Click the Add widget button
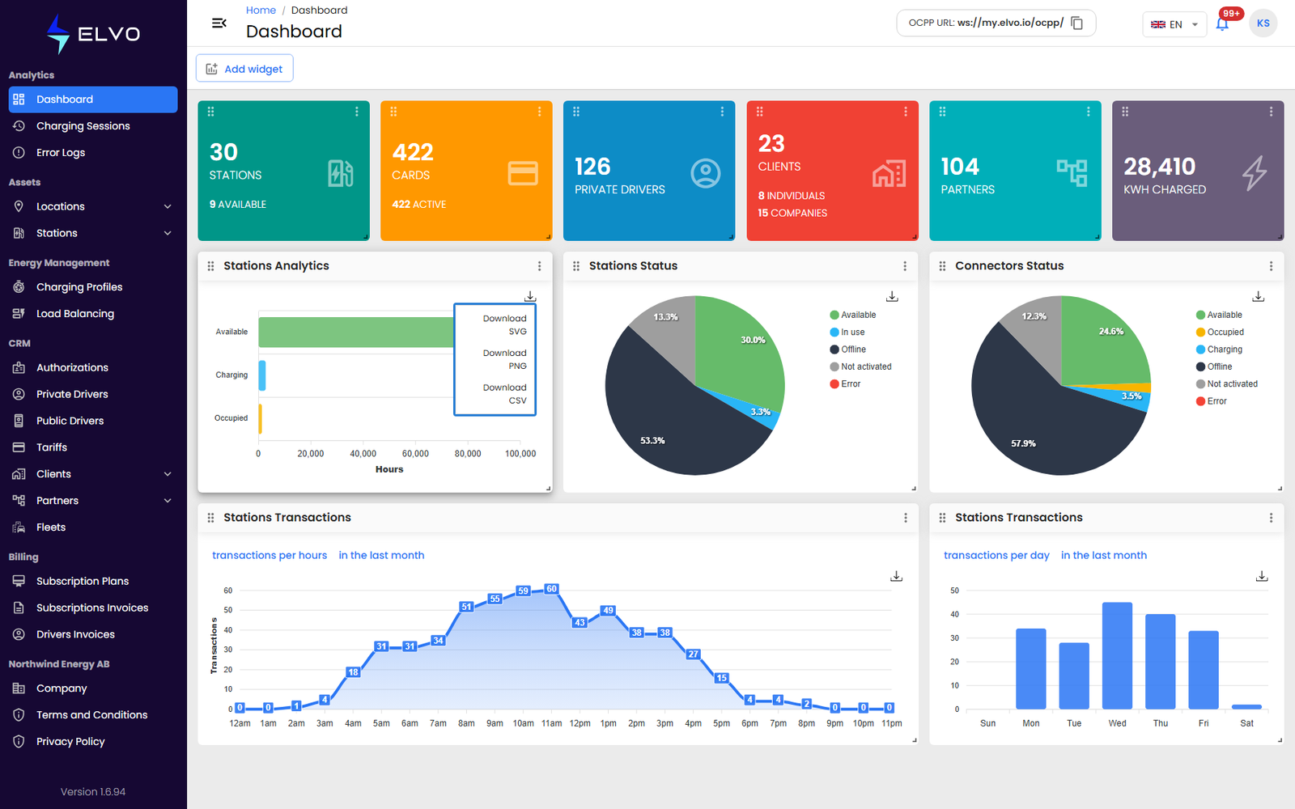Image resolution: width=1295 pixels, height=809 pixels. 244,69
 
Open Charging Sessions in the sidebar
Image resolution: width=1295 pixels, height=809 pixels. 83,126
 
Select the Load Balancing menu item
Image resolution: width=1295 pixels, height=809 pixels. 75,314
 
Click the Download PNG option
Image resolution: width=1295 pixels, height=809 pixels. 505,359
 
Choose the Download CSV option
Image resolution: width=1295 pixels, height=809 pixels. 505,394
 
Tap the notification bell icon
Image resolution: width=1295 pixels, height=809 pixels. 1222,24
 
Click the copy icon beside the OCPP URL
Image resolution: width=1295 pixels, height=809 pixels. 1077,23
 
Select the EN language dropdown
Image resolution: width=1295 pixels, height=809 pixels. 1174,24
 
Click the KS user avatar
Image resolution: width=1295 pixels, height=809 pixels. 1263,23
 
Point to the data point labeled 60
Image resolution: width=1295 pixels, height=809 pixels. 551,589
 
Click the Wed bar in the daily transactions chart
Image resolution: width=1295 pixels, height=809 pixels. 1117,655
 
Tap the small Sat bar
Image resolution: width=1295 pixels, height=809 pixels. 1246,707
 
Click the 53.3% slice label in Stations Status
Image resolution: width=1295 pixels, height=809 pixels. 652,441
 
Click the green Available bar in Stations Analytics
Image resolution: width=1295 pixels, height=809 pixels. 356,332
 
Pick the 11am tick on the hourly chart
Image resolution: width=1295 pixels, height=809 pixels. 551,723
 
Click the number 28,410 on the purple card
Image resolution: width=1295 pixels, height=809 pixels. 1159,167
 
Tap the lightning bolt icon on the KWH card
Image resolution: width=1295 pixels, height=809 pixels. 1255,173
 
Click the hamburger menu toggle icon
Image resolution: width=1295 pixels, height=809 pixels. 219,23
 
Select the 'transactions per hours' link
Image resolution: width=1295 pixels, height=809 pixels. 270,555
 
